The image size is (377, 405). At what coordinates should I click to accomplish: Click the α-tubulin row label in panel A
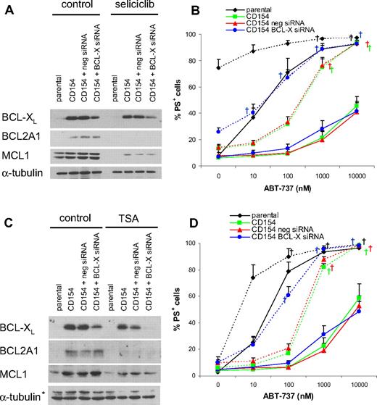(25, 172)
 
